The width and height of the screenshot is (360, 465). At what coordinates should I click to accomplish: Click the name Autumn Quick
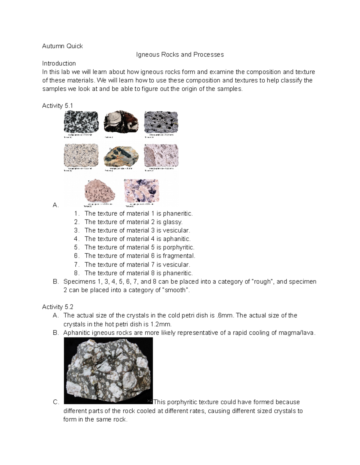point(62,46)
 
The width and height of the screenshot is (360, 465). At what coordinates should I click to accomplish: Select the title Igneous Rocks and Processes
point(180,54)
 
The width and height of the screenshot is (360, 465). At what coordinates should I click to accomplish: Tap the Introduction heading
point(59,63)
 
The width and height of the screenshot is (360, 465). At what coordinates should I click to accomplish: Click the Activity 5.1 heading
point(57,106)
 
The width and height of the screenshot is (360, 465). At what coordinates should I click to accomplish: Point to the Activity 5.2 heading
point(57,307)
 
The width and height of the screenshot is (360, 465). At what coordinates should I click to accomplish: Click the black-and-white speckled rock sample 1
point(81,122)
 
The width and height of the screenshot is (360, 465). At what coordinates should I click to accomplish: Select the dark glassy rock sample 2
point(121,121)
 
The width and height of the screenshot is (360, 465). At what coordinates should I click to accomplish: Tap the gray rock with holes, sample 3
point(161,122)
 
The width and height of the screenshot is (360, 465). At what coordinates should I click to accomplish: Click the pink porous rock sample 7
point(100,191)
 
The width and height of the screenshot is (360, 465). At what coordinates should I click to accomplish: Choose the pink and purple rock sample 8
point(141,191)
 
